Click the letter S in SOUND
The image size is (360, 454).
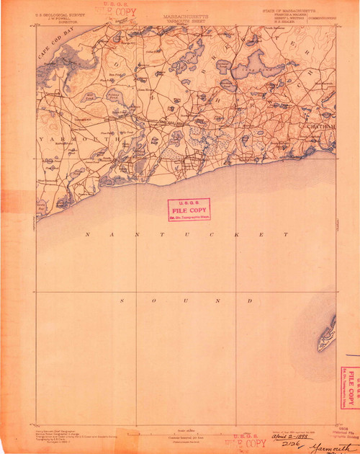pyautogui.click(x=122, y=300)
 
